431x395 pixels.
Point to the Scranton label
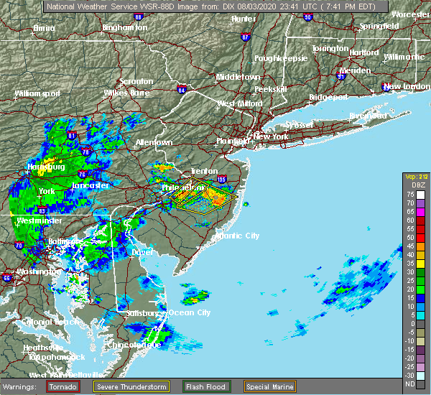[136, 82]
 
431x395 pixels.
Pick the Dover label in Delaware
[144, 253]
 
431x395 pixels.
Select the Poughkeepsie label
[281, 58]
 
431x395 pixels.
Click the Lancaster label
[90, 185]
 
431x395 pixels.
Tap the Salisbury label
[142, 313]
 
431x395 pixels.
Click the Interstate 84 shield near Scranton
[182, 90]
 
